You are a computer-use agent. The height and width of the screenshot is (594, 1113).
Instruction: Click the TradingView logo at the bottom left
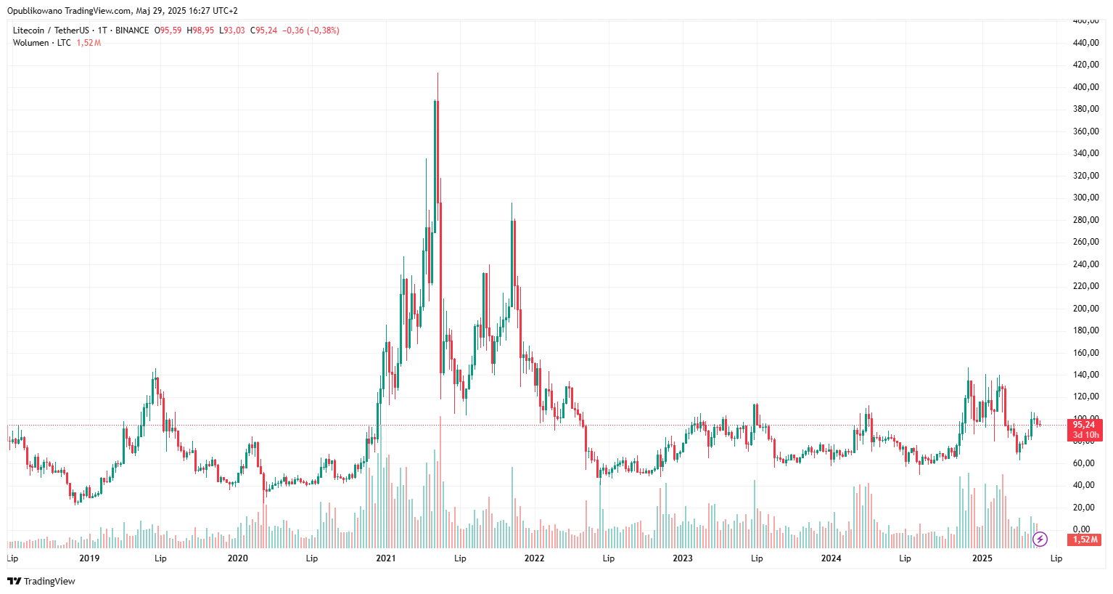point(41,581)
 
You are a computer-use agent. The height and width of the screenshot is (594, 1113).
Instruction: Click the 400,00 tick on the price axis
point(1085,87)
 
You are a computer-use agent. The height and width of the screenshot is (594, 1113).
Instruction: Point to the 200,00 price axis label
point(1085,309)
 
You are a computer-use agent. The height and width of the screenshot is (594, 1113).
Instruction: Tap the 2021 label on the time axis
point(386,558)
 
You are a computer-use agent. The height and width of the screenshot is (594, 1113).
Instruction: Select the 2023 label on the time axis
point(683,558)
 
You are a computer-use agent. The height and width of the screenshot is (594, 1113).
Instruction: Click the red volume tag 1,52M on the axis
point(1085,540)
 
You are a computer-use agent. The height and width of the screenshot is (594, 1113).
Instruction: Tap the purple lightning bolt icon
point(1040,539)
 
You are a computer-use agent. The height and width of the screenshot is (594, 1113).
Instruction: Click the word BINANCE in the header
point(132,30)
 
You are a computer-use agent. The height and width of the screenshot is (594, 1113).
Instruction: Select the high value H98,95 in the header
point(200,30)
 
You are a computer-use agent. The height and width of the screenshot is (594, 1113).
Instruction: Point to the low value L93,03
point(232,30)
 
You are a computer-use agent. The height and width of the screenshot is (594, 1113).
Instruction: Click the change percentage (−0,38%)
point(323,30)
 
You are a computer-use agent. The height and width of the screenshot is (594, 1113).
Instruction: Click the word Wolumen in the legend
point(30,43)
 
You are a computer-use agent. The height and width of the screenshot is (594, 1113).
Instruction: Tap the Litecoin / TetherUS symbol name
point(51,30)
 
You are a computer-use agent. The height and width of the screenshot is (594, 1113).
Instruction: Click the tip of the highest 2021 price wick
point(438,73)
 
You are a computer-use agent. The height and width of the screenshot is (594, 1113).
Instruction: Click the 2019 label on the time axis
point(89,558)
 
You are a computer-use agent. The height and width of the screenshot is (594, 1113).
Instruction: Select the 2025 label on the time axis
point(982,558)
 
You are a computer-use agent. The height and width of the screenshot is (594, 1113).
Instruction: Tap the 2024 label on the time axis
point(831,558)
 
